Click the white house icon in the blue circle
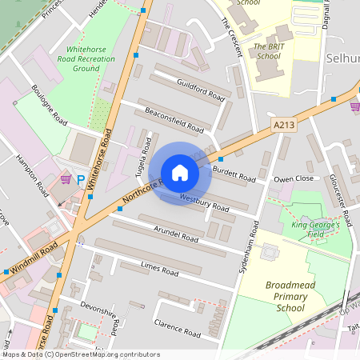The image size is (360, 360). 180,173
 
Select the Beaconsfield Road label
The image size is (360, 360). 173,117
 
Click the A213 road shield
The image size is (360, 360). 284,125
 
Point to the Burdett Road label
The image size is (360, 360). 235,170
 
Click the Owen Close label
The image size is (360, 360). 294,179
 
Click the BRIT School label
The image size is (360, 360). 267,51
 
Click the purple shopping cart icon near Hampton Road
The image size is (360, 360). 66,179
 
